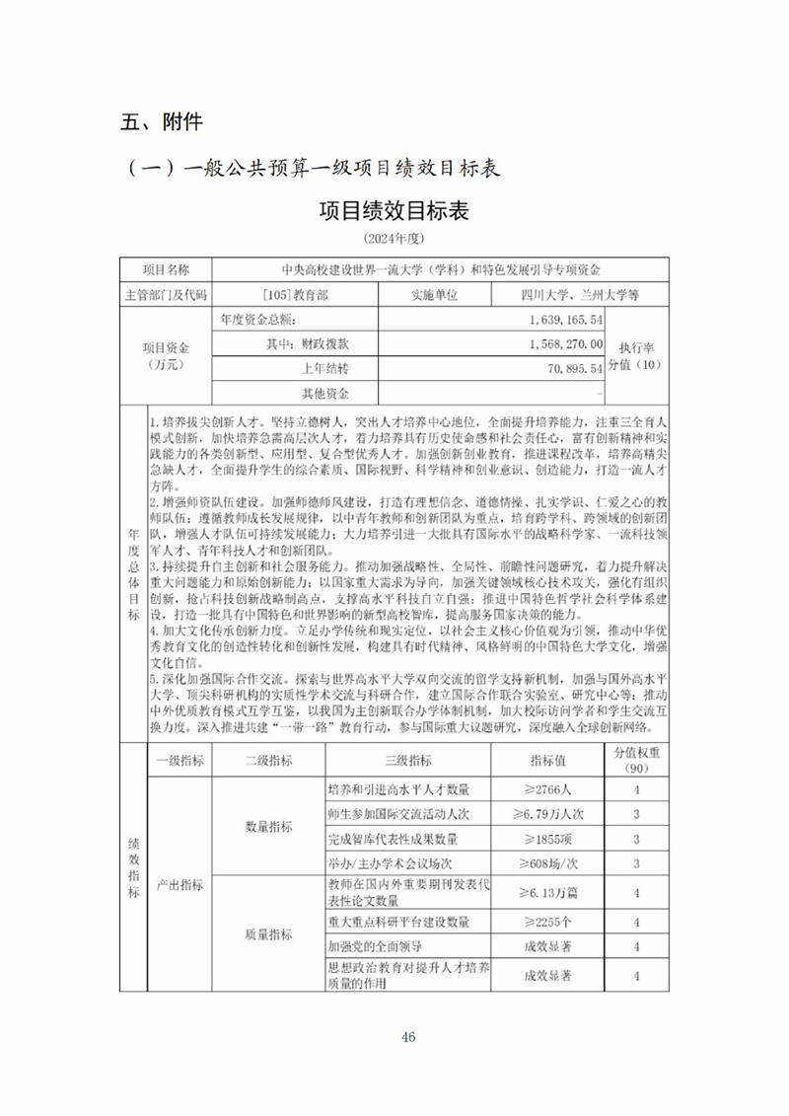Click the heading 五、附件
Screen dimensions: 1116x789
[x=161, y=122]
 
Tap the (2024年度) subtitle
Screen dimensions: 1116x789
[x=394, y=240]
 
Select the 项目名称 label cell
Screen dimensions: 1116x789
[x=165, y=269]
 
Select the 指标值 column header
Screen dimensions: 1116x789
[x=547, y=760]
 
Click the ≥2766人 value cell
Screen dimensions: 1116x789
[x=547, y=789]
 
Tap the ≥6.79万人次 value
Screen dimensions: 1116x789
[x=547, y=814]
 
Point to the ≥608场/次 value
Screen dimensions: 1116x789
[x=547, y=863]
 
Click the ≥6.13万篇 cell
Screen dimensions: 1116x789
[x=547, y=893]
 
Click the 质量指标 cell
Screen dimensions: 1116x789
[x=267, y=934]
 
